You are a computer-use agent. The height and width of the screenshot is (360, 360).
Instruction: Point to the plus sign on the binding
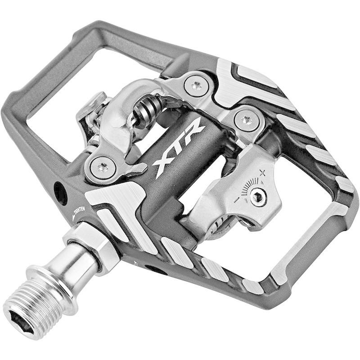(262, 172)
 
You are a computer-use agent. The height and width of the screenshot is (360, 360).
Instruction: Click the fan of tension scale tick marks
(249, 187)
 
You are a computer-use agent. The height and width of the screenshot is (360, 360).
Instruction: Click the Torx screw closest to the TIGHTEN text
(102, 168)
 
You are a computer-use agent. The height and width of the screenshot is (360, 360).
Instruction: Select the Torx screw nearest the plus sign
(246, 120)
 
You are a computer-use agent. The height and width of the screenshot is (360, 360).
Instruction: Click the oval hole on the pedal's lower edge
(156, 269)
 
